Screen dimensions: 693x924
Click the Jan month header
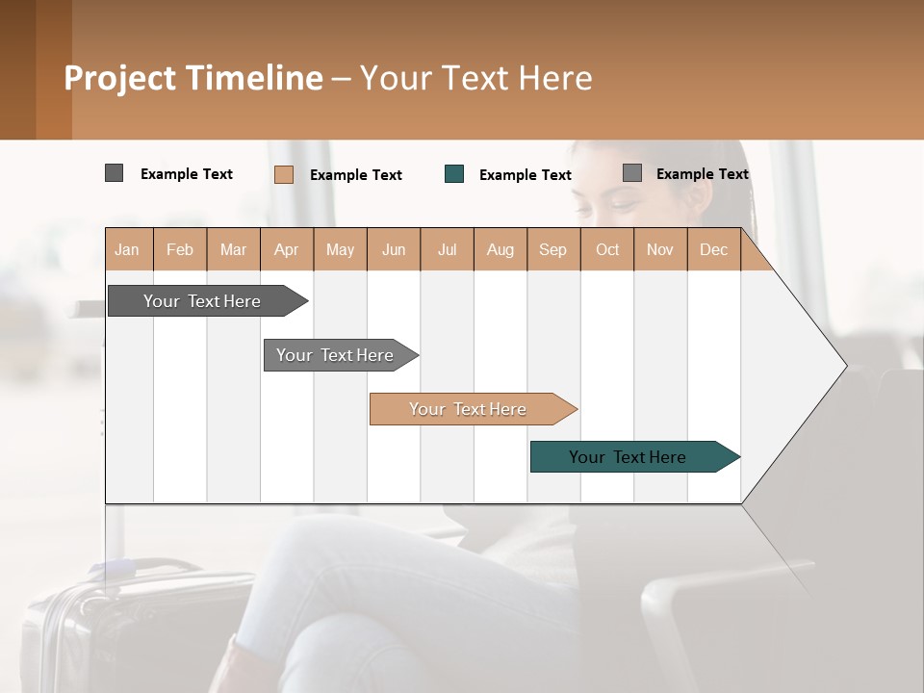[x=127, y=249]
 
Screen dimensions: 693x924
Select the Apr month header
[x=286, y=249]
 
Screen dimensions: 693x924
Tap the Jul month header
[x=447, y=249]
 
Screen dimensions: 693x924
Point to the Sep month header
[x=552, y=249]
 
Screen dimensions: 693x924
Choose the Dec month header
[x=713, y=249]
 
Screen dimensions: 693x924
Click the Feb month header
[x=180, y=249]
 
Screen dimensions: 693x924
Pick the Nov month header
[x=659, y=249]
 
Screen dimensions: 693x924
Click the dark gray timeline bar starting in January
[x=202, y=301]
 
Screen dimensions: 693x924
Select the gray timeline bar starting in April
[x=335, y=355]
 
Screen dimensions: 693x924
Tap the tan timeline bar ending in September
[x=468, y=409]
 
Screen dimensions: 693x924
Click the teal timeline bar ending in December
[x=628, y=457]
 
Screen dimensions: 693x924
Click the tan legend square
[x=283, y=174]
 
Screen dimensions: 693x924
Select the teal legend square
[x=454, y=173]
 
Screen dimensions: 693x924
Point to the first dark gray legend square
[x=114, y=173]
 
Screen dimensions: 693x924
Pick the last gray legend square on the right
[x=632, y=173]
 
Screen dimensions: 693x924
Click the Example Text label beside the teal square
[x=525, y=175]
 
